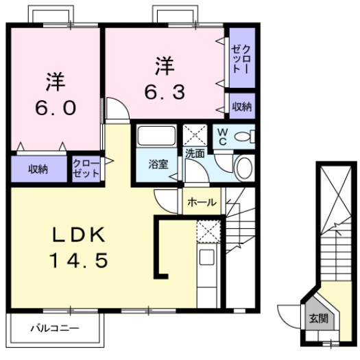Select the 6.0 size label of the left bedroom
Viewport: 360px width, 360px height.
[56, 108]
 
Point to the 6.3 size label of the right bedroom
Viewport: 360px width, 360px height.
[164, 91]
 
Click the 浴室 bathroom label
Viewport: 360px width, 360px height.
[159, 163]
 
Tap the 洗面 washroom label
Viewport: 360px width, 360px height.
[194, 154]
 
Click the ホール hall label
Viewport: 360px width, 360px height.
[202, 202]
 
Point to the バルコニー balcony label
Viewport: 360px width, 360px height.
[54, 328]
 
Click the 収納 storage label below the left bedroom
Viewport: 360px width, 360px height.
[38, 169]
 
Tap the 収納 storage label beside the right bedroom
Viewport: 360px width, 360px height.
[241, 106]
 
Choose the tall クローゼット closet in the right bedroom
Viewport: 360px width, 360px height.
[241, 58]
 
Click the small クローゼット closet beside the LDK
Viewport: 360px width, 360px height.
[87, 168]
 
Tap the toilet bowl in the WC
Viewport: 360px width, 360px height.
[243, 136]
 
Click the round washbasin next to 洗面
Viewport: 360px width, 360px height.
[243, 167]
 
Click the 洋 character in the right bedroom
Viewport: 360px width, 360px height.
[164, 67]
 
